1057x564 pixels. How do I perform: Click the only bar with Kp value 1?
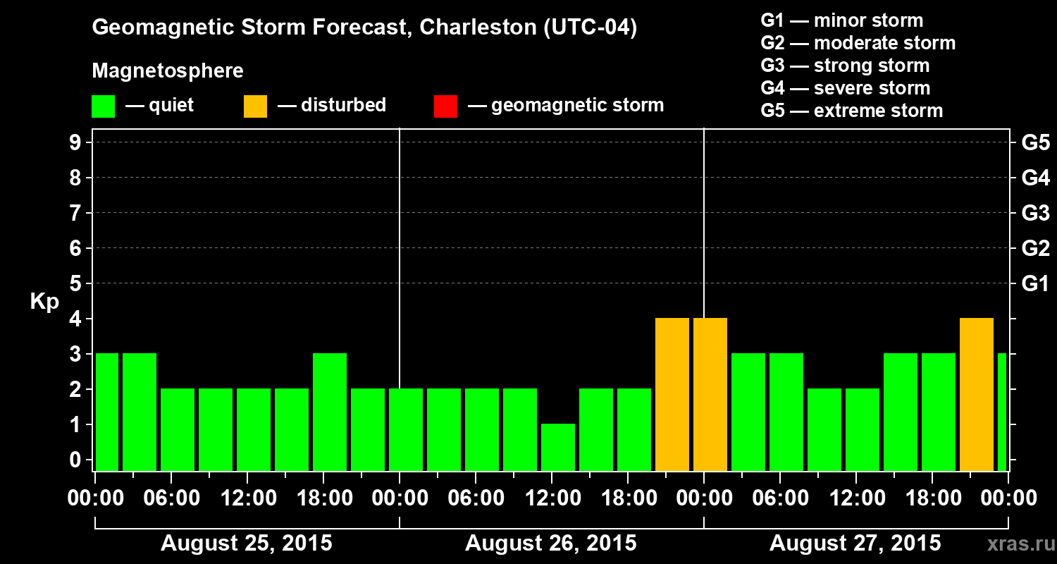coord(558,447)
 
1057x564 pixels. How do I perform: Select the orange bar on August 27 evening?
coord(977,394)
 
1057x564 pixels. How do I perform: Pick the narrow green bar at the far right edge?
coord(1002,412)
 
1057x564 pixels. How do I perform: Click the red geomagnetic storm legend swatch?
coord(445,106)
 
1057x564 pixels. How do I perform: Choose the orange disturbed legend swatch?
coord(255,106)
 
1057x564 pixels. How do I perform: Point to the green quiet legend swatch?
coord(103,106)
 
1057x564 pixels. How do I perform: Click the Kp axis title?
coord(44,302)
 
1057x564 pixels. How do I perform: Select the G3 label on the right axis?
coord(1035,213)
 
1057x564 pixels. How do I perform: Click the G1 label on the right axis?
coord(1035,283)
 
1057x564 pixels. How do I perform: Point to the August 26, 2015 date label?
coord(550,544)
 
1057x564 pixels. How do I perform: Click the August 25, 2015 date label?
coord(247,544)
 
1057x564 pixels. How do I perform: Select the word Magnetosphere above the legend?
coord(168,71)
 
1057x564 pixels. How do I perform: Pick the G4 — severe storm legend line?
coord(846,88)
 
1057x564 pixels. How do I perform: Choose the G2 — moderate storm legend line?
coord(858,43)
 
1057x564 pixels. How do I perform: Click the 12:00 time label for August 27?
coord(855,498)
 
